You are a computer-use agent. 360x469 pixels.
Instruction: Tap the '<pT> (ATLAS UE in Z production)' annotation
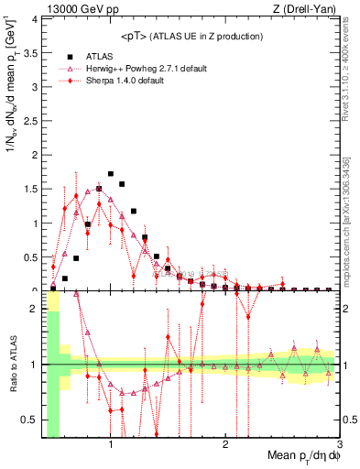[x=191, y=36]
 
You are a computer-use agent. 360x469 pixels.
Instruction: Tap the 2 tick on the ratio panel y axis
[x=36, y=309]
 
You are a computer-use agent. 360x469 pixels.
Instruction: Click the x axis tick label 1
[x=111, y=444]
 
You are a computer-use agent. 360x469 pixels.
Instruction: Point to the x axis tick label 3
[x=339, y=444]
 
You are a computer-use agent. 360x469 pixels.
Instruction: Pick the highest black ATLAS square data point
[x=111, y=173]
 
